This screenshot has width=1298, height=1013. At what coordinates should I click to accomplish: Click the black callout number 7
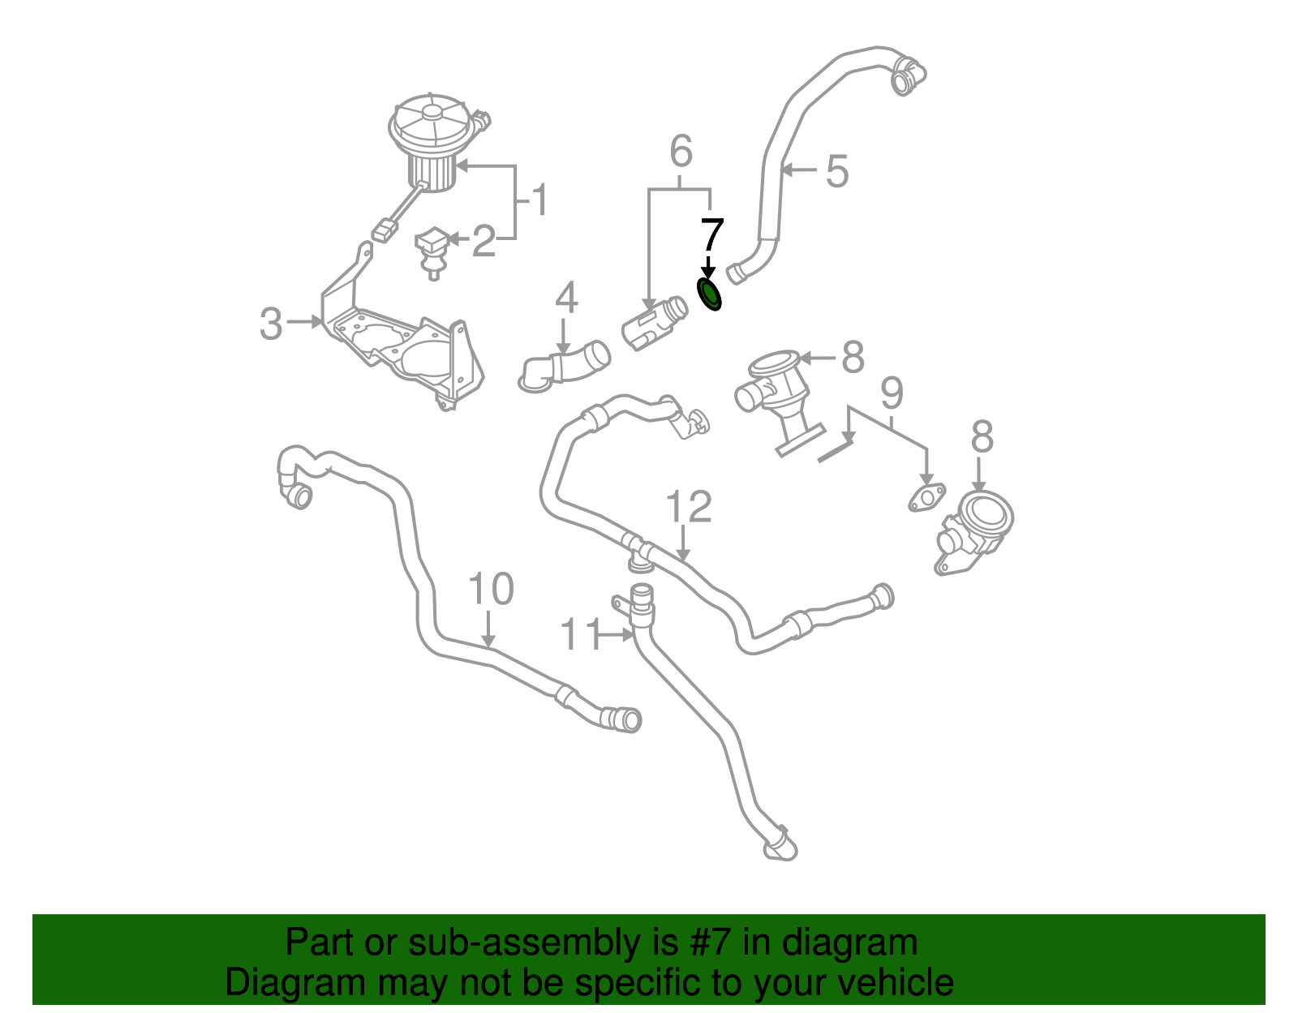tap(711, 235)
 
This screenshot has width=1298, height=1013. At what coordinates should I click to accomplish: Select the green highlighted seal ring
tap(710, 294)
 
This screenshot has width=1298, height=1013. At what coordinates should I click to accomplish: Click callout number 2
tap(484, 241)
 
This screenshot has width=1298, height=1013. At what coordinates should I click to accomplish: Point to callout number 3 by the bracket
tap(271, 324)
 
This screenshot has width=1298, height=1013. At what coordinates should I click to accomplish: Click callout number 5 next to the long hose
tap(836, 172)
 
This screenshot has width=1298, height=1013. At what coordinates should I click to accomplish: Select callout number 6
tap(681, 151)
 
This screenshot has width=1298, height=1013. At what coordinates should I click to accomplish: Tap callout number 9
tap(891, 393)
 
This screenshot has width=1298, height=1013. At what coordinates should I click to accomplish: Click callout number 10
tap(491, 590)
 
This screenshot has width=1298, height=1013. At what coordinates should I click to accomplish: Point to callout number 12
tap(688, 507)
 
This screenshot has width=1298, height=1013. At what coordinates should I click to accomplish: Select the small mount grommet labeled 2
tap(433, 250)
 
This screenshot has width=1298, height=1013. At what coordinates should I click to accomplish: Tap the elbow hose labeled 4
tap(565, 367)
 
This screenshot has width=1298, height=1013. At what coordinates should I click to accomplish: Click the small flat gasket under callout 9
tap(926, 497)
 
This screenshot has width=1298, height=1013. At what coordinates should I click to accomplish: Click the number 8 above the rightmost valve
tap(982, 438)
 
